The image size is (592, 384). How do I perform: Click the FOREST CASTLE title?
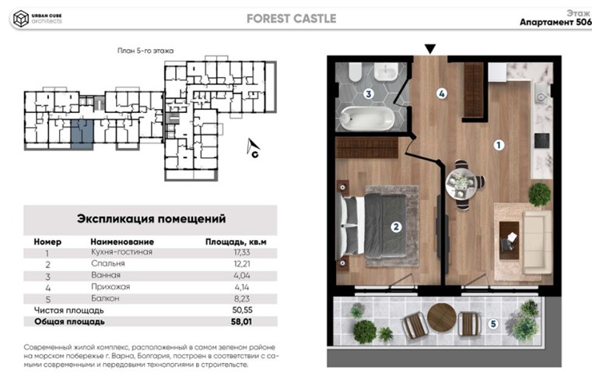[x=291, y=19]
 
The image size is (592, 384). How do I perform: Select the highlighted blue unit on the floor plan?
[x=82, y=133]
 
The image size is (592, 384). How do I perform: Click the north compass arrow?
[x=254, y=149]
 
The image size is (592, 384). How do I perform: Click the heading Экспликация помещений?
[x=150, y=219]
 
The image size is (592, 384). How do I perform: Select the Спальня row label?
[x=108, y=263]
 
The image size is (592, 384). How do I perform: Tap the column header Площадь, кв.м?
[x=236, y=241]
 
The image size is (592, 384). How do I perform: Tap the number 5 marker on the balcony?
[x=492, y=323]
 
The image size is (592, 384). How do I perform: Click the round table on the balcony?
[x=441, y=318]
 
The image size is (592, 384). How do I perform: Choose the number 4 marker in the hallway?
[x=441, y=94]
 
